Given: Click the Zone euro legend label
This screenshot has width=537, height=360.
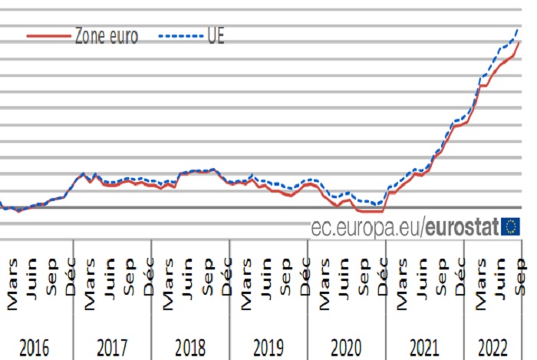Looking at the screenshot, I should [x=107, y=36].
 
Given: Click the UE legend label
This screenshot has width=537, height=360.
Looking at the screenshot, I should [x=216, y=36].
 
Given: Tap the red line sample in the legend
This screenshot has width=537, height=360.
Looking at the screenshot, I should [x=48, y=36].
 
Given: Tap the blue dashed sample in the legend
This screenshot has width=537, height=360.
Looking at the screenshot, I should [x=180, y=36].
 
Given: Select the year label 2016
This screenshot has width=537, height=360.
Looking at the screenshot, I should [x=35, y=347].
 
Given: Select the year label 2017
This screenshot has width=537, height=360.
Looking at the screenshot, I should [x=112, y=347].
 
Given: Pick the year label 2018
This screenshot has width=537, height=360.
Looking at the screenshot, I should [x=190, y=347].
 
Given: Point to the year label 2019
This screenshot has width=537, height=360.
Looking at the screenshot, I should [x=268, y=347].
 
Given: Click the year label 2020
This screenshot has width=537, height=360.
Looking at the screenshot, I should [x=347, y=347].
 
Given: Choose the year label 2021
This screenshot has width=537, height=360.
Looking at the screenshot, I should [x=425, y=347].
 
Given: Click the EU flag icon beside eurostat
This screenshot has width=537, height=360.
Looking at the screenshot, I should [x=510, y=226].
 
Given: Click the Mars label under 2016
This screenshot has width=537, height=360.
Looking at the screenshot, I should [x=12, y=289].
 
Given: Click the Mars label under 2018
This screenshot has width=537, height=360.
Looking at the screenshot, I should [x=168, y=289].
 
